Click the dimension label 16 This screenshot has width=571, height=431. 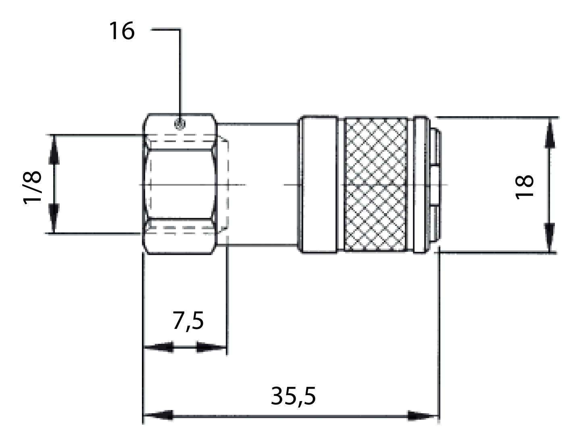(122, 31)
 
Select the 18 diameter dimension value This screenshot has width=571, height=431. (524, 187)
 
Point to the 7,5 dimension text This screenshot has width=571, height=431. (188, 321)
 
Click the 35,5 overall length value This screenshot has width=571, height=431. (293, 396)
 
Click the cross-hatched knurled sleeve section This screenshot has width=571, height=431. (376, 185)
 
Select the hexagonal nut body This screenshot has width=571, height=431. (180, 184)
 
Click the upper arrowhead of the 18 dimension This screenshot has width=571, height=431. (549, 133)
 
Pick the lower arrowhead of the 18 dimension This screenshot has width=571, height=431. (549, 237)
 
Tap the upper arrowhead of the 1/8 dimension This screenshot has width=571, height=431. (54, 150)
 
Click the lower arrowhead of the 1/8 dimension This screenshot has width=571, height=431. (54, 218)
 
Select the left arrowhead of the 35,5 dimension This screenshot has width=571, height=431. (158, 415)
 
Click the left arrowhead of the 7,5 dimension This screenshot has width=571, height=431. (159, 347)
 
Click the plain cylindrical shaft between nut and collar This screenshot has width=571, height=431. (258, 184)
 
